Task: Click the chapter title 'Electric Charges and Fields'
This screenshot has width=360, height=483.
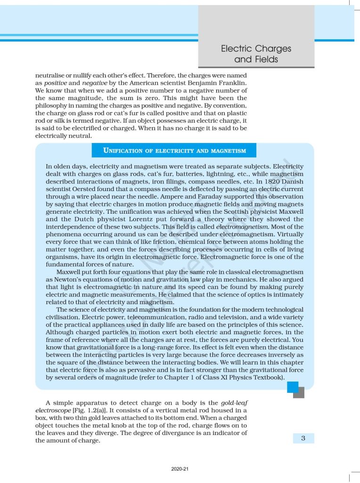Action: tap(256, 54)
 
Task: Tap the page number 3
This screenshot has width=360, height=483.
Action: tap(303, 438)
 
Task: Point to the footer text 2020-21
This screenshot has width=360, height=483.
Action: tap(180, 469)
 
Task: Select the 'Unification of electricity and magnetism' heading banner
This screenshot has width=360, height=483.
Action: tap(174, 150)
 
